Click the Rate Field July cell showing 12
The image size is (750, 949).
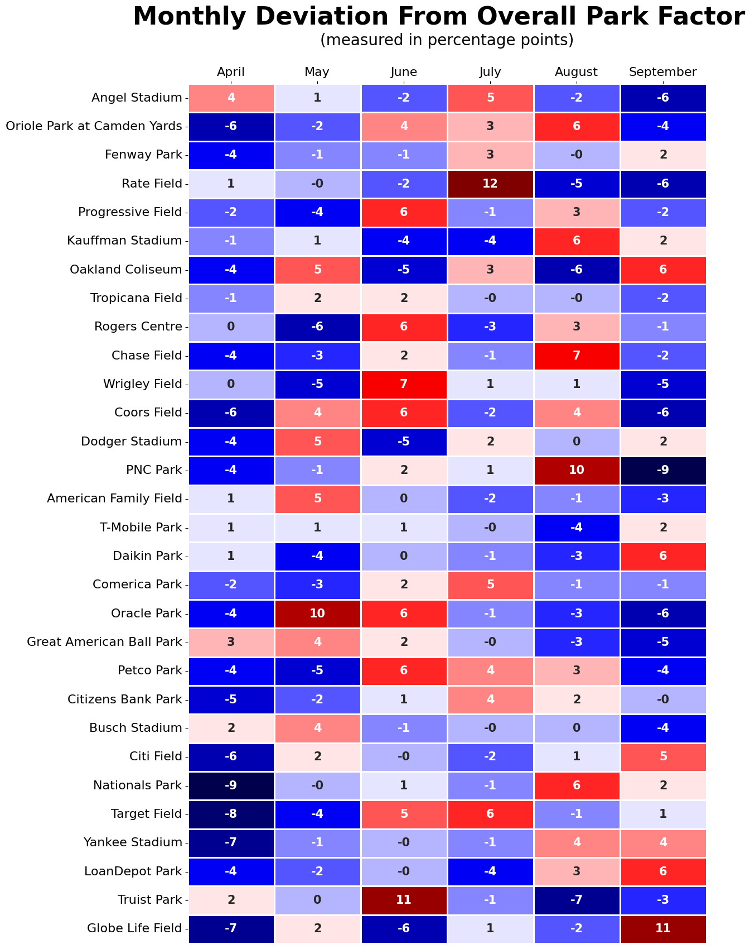tap(490, 184)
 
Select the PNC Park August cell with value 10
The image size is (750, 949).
tap(577, 469)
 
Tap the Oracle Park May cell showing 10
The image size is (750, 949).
tap(317, 613)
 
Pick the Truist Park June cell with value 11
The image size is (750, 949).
tap(404, 899)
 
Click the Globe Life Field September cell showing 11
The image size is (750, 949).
tap(663, 928)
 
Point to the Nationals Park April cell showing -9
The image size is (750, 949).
tap(231, 785)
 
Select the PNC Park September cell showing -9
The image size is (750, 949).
tap(663, 469)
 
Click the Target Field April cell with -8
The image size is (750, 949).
tap(231, 813)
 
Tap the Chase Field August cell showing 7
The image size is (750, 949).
tap(577, 356)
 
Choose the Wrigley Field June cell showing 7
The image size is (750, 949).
tap(404, 384)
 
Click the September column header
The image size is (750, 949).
tap(663, 71)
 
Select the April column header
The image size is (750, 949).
tap(231, 71)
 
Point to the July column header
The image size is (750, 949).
tap(490, 71)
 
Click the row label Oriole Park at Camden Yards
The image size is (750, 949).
tap(94, 126)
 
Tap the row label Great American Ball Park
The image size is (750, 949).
tap(104, 642)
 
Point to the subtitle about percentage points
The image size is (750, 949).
tap(447, 40)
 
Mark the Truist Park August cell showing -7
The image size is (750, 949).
tap(577, 899)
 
